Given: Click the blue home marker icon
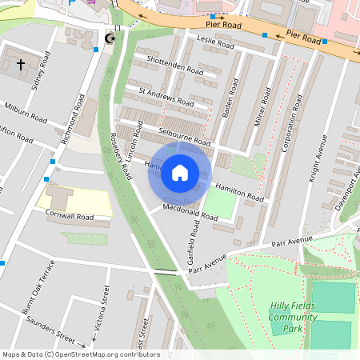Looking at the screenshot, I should pos(180,173).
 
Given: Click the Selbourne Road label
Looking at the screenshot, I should pos(187,130).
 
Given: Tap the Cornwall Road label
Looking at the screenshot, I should pos(70,216).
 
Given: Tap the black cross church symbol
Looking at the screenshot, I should pos(20,63).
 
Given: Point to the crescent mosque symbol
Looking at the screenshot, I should pos(110,38).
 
